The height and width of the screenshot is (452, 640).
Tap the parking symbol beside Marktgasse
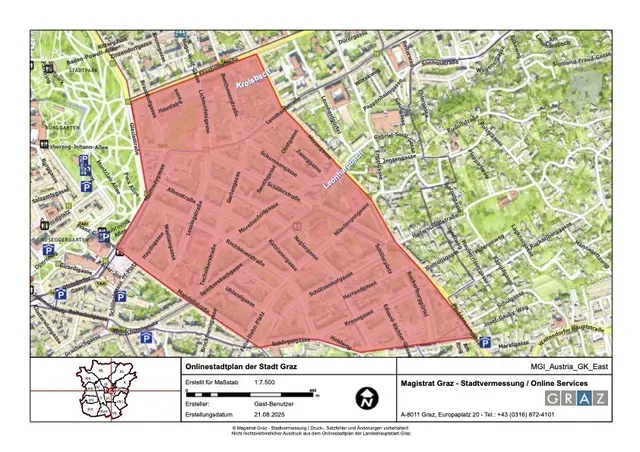coord(485,343)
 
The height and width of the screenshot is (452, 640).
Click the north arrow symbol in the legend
coord(367,397)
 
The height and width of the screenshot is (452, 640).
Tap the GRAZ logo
coord(578,397)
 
